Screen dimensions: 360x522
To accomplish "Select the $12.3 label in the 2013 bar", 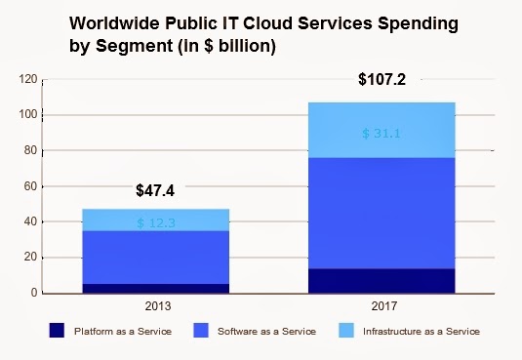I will [155, 223].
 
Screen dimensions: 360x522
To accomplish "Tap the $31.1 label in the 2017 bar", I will [381, 134].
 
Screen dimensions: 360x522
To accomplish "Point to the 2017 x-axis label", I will [381, 305].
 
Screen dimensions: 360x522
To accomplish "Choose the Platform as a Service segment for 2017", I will [381, 280].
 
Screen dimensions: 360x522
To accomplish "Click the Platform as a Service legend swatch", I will [59, 331].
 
